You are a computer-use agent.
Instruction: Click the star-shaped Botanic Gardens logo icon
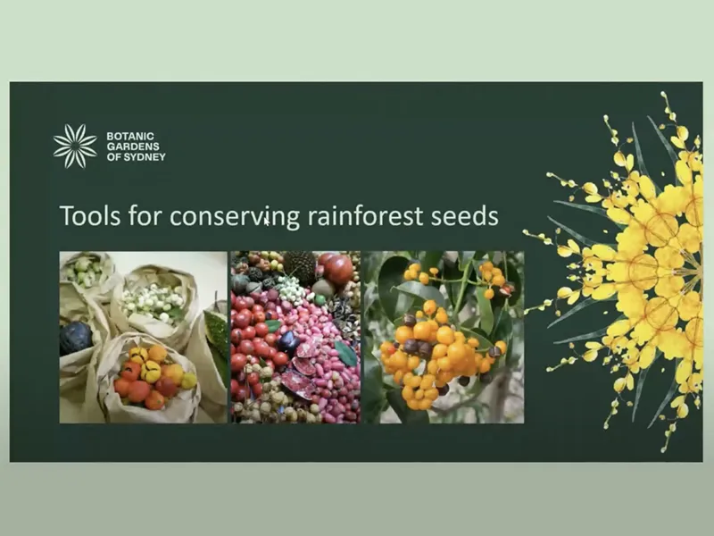pos(74,146)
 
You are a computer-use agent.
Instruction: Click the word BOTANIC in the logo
pos(124,137)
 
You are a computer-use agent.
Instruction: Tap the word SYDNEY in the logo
pos(146,156)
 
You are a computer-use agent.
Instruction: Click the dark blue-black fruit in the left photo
pos(75,338)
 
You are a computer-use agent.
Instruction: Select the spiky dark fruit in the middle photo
pos(300,266)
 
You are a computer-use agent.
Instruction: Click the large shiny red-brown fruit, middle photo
pos(337,268)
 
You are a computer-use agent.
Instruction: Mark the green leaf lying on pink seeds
pos(345,354)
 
